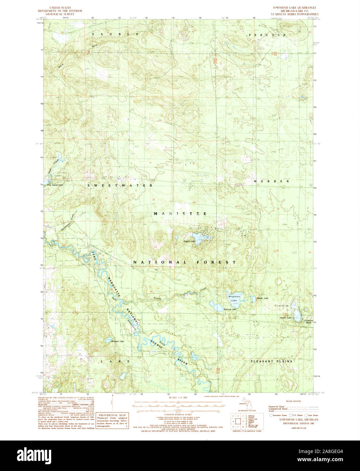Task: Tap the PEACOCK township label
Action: (x=267, y=35)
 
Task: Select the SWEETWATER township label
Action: (x=120, y=185)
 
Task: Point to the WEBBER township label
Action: (x=271, y=181)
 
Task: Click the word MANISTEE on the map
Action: (x=180, y=213)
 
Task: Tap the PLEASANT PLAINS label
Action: (x=272, y=361)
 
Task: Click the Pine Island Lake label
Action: (x=55, y=185)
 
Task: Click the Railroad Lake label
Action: (x=229, y=309)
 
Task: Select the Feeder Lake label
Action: (x=262, y=298)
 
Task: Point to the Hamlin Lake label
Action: (x=285, y=318)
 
